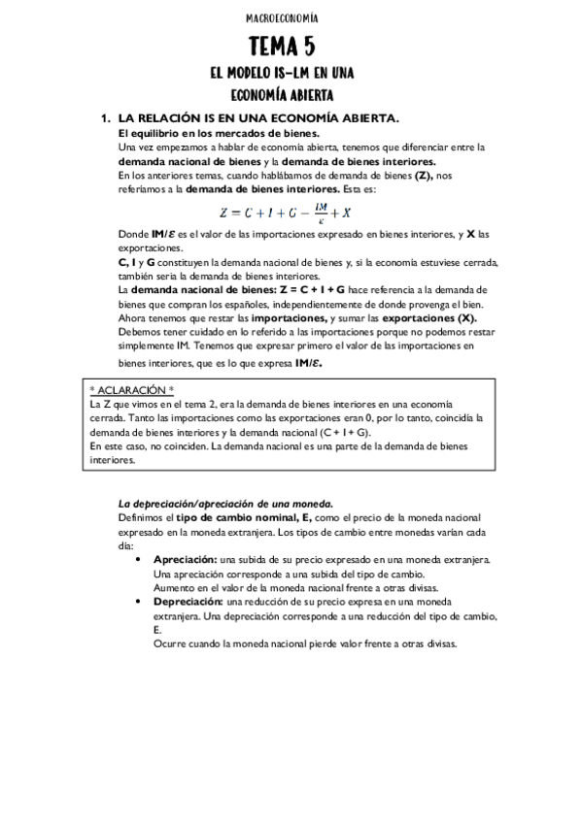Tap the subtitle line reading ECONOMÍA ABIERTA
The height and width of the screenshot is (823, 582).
pos(282,95)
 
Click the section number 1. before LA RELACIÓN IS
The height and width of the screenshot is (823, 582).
pos(107,117)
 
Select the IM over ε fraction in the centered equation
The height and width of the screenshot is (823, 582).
pos(308,210)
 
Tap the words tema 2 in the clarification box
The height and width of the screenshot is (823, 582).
pos(207,403)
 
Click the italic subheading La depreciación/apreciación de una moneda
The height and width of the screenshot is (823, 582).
pos(225,504)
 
